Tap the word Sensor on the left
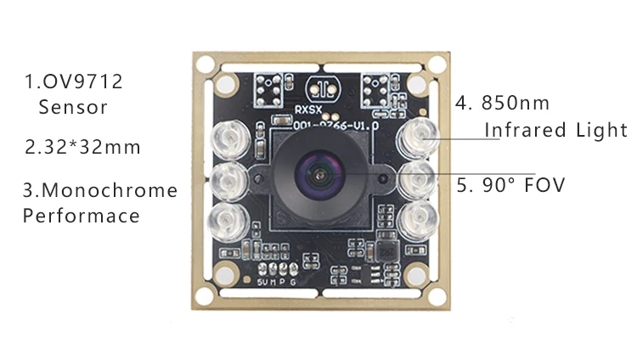[x=73, y=108]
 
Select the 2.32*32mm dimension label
[x=82, y=147]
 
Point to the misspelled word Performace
[x=81, y=216]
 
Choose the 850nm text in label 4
[x=516, y=104]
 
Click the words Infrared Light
[x=555, y=130]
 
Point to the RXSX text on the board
[x=308, y=109]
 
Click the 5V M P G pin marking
[x=277, y=281]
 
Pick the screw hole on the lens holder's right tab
[x=383, y=175]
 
